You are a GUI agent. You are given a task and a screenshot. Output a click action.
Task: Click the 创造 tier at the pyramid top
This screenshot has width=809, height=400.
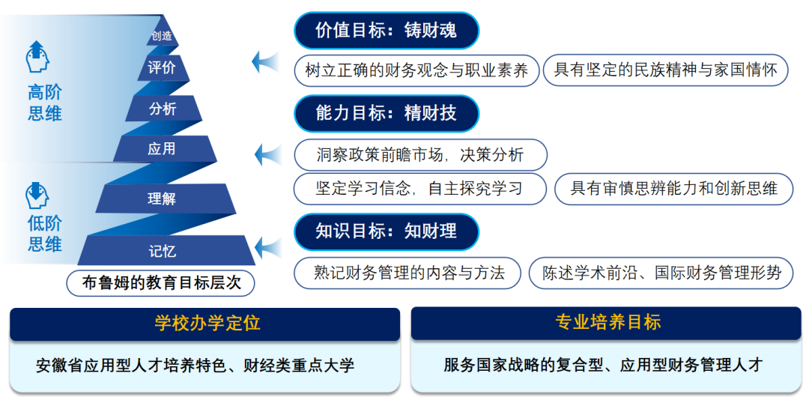click(162, 36)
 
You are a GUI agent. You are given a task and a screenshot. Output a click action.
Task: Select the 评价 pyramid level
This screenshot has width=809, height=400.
click(162, 68)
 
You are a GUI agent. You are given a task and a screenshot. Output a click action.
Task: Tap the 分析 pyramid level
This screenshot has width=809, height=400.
click(163, 109)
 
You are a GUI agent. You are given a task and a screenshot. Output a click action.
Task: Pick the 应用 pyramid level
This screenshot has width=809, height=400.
click(162, 149)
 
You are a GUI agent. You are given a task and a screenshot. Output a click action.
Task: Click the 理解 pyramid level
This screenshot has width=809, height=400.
click(162, 199)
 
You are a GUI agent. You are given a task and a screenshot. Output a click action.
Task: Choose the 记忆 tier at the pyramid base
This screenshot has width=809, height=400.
click(163, 251)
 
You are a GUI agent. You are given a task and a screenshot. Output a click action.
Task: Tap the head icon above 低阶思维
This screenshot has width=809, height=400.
click(37, 195)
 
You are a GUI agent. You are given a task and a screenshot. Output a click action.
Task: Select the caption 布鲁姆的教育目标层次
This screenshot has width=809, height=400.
click(161, 283)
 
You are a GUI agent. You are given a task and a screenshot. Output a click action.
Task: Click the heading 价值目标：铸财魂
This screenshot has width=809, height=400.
click(386, 31)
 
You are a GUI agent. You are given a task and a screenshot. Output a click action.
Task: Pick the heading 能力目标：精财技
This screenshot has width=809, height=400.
click(386, 113)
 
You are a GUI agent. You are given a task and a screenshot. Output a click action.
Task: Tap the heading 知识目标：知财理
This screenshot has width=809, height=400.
click(386, 231)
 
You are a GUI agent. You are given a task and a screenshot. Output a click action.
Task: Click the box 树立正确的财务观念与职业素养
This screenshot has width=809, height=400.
click(416, 70)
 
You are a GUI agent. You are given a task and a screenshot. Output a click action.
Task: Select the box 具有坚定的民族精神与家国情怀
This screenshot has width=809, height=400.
click(665, 70)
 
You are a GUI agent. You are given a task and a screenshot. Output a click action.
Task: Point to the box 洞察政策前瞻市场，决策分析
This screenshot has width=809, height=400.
click(420, 155)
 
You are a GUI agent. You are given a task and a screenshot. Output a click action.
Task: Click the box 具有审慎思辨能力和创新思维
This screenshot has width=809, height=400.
click(674, 188)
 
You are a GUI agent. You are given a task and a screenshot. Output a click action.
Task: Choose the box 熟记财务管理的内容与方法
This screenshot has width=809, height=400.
click(409, 273)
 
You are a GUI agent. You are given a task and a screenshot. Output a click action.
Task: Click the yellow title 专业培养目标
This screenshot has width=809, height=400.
click(607, 322)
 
